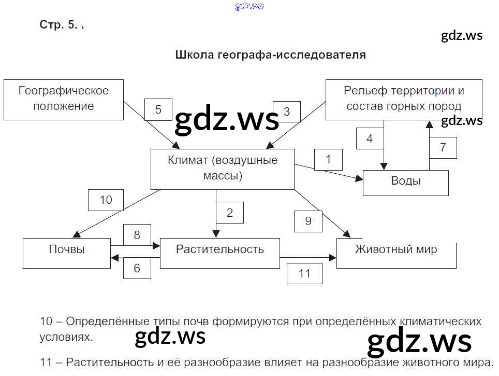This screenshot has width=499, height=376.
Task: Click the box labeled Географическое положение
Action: pos(63,99)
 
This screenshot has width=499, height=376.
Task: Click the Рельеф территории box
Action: pos(404,99)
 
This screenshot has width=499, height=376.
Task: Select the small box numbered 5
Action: pos(158,110)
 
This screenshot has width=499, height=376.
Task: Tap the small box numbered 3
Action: pos(287,112)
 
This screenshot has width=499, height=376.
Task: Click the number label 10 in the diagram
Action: pos(106,200)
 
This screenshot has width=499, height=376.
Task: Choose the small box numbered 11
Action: pos(304,273)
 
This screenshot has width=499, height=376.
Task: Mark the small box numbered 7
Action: pos(443,148)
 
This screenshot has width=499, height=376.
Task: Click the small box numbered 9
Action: pos(308,221)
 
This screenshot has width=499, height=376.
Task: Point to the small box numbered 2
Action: pos(230,213)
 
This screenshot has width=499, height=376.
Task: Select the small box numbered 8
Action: pos(137,235)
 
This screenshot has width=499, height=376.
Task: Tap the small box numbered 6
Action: pos(137,268)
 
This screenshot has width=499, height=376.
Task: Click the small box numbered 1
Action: pos(328,159)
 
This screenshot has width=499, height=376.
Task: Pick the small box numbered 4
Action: pos(370,138)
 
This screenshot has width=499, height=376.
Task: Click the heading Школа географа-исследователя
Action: pos(271,55)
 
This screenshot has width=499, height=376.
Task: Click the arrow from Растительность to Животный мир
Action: pos(308,257)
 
